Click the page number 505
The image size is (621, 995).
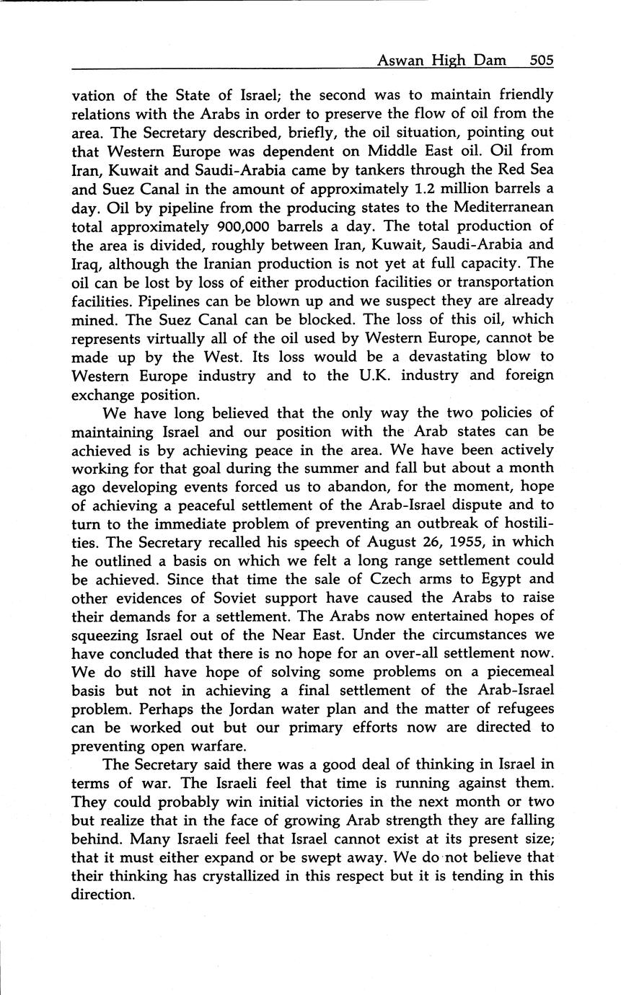[x=540, y=61]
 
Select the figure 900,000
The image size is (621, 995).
[x=255, y=226]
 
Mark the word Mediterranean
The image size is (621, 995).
[x=493, y=207]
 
